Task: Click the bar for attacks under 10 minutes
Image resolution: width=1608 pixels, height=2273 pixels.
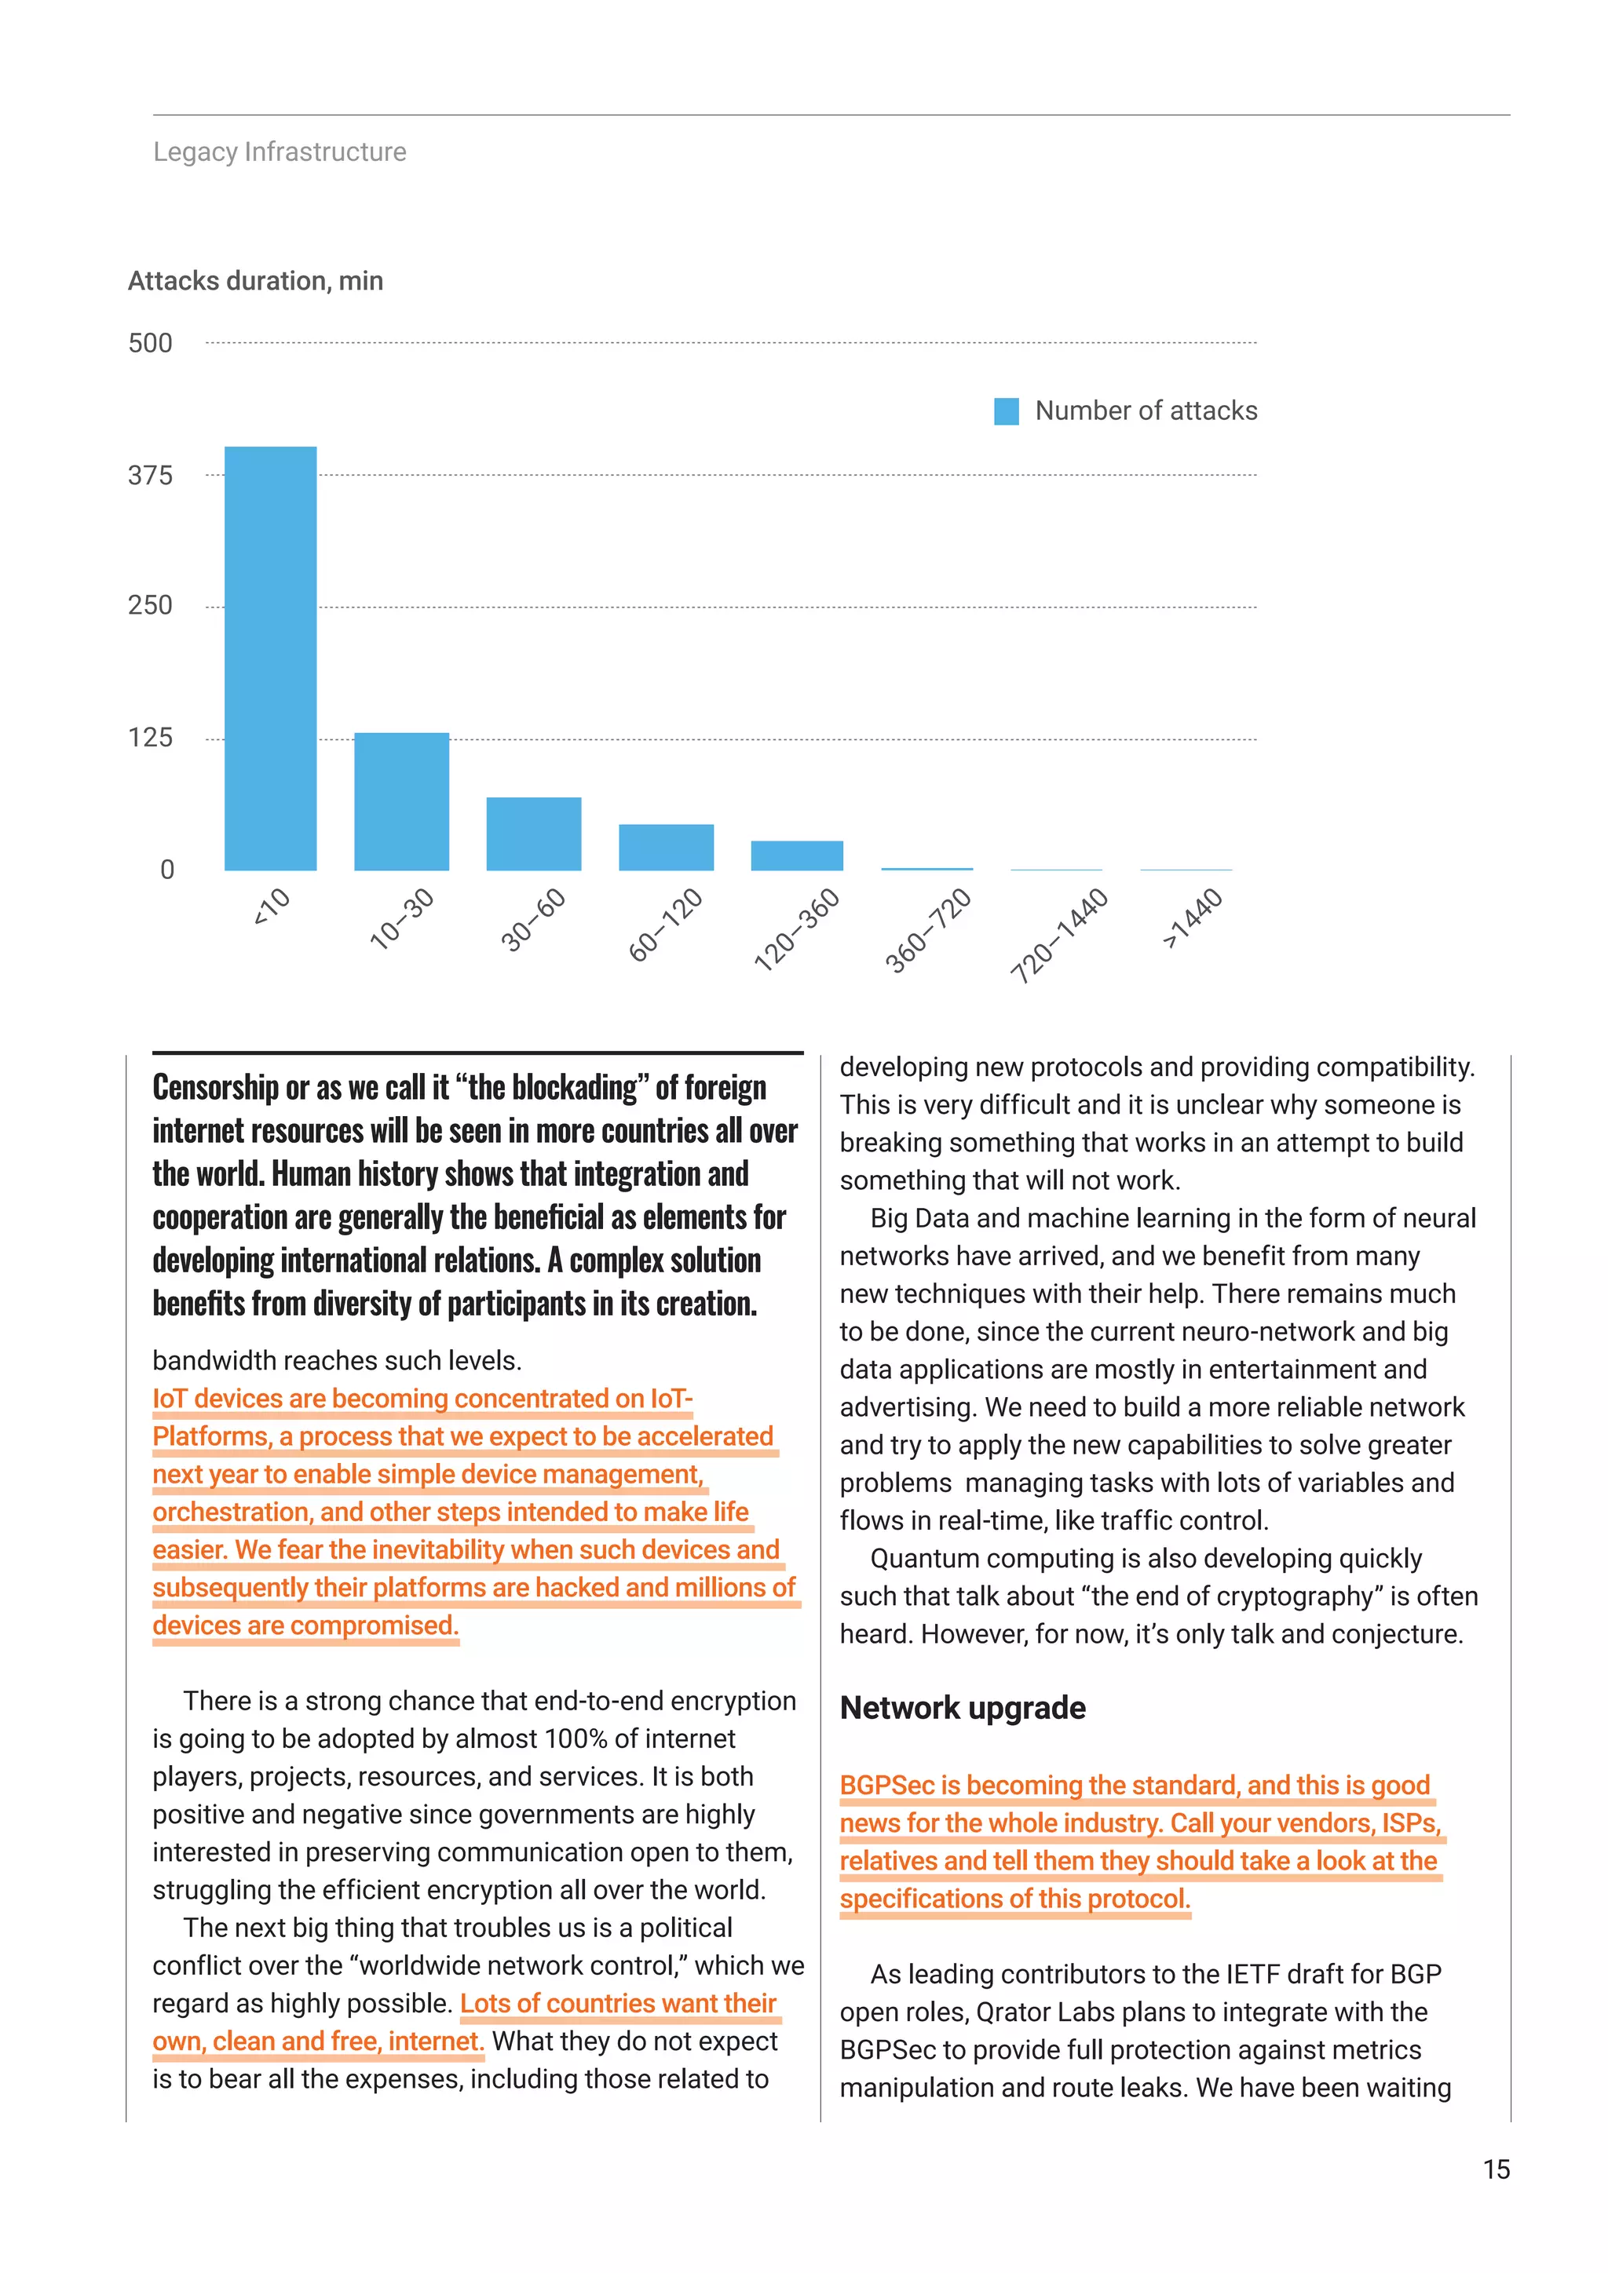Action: [x=270, y=659]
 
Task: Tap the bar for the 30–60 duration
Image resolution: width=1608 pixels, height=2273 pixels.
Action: [x=534, y=834]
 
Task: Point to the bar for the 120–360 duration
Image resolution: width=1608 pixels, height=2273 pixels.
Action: [x=797, y=856]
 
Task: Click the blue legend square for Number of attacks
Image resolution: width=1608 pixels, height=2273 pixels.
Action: [x=1006, y=410]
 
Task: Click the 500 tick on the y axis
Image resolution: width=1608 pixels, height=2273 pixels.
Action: [x=151, y=344]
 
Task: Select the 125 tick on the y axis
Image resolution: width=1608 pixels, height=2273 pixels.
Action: [x=151, y=738]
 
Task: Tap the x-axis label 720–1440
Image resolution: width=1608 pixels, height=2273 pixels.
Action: [x=1058, y=936]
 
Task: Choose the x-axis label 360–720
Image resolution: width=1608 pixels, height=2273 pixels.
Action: [x=928, y=931]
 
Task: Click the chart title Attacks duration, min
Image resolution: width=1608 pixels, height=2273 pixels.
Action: [x=255, y=281]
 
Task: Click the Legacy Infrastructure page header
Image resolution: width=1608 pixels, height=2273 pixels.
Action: [x=280, y=151]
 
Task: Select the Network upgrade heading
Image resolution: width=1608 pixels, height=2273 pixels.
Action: [x=963, y=1708]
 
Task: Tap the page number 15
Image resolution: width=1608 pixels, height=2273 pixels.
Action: [x=1496, y=2170]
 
